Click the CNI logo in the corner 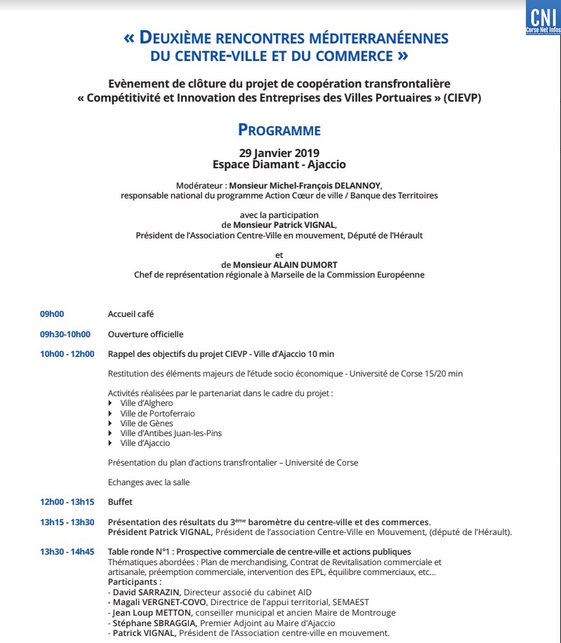tap(543, 18)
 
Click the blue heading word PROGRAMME tap(279, 130)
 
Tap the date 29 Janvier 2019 tap(279, 153)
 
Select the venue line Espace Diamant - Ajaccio tap(279, 165)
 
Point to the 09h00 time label tap(52, 314)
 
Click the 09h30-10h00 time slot tap(65, 334)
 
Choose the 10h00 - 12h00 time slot tap(67, 354)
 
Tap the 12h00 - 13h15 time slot tap(67, 502)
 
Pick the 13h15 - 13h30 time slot tap(67, 522)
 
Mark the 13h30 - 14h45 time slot tap(67, 552)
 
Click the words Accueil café tap(131, 314)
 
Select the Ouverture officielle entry tap(145, 334)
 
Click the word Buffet tap(120, 502)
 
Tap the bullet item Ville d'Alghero tap(146, 403)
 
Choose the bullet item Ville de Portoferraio tap(157, 414)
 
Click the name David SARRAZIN tap(146, 593)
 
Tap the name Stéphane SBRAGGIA tap(154, 623)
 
